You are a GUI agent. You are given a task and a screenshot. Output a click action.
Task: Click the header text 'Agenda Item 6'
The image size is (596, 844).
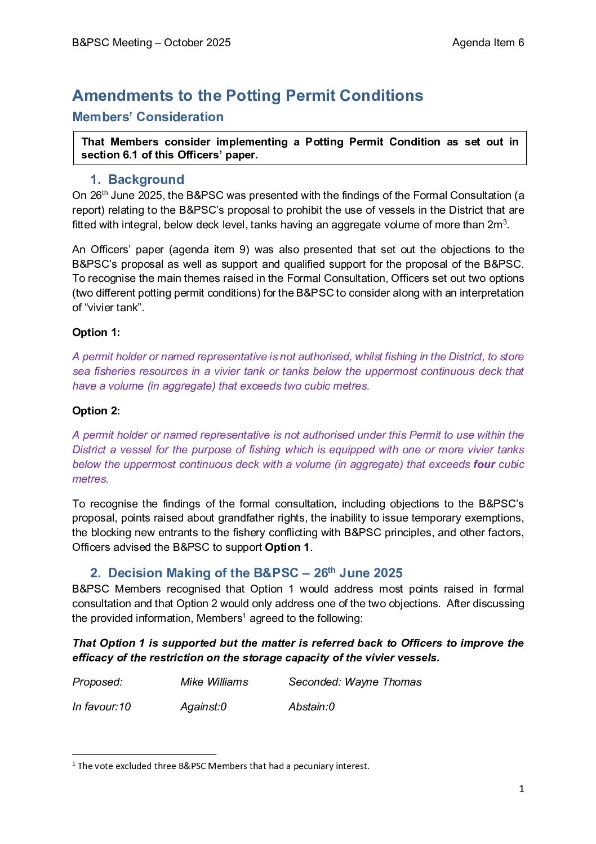(x=488, y=43)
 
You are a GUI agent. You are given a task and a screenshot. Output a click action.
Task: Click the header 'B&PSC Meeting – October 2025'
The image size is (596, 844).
(x=152, y=43)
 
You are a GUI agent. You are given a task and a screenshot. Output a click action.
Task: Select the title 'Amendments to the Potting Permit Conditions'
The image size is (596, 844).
(x=248, y=96)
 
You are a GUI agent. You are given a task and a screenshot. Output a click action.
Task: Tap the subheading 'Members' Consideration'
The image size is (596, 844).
(x=148, y=117)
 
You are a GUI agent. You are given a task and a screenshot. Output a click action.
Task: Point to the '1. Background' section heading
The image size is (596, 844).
(x=137, y=180)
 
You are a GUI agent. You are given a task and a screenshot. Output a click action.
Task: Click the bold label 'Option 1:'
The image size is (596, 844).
(x=96, y=333)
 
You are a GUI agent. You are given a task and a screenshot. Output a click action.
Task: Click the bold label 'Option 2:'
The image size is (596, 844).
(x=96, y=411)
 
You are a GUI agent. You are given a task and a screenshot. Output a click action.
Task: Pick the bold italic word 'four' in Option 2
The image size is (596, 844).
(x=484, y=465)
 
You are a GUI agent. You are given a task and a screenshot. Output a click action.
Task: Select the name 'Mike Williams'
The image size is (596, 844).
(x=214, y=682)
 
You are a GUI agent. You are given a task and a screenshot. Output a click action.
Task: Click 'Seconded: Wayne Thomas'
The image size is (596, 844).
(x=355, y=682)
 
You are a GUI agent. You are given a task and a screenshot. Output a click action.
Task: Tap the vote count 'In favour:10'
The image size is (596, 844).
(x=101, y=707)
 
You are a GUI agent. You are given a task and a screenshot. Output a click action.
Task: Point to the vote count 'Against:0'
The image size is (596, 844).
(x=203, y=707)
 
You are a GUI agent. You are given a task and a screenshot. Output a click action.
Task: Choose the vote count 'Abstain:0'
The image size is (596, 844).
(x=312, y=707)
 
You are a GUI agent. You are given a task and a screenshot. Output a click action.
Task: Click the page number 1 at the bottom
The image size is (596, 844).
(x=521, y=789)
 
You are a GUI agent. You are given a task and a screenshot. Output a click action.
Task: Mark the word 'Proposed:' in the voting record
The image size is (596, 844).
(x=97, y=682)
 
